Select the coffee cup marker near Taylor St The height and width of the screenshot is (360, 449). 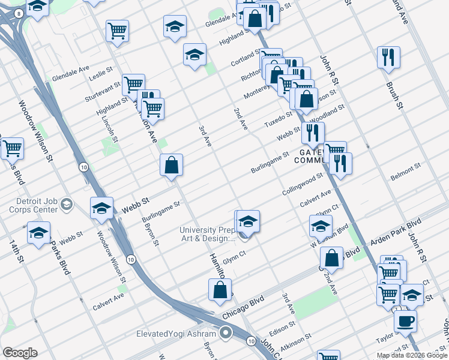(405, 320)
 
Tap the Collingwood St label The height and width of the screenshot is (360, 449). (303, 184)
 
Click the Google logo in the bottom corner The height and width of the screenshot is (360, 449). (20, 353)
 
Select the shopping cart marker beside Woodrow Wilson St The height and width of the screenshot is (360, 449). (12, 148)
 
